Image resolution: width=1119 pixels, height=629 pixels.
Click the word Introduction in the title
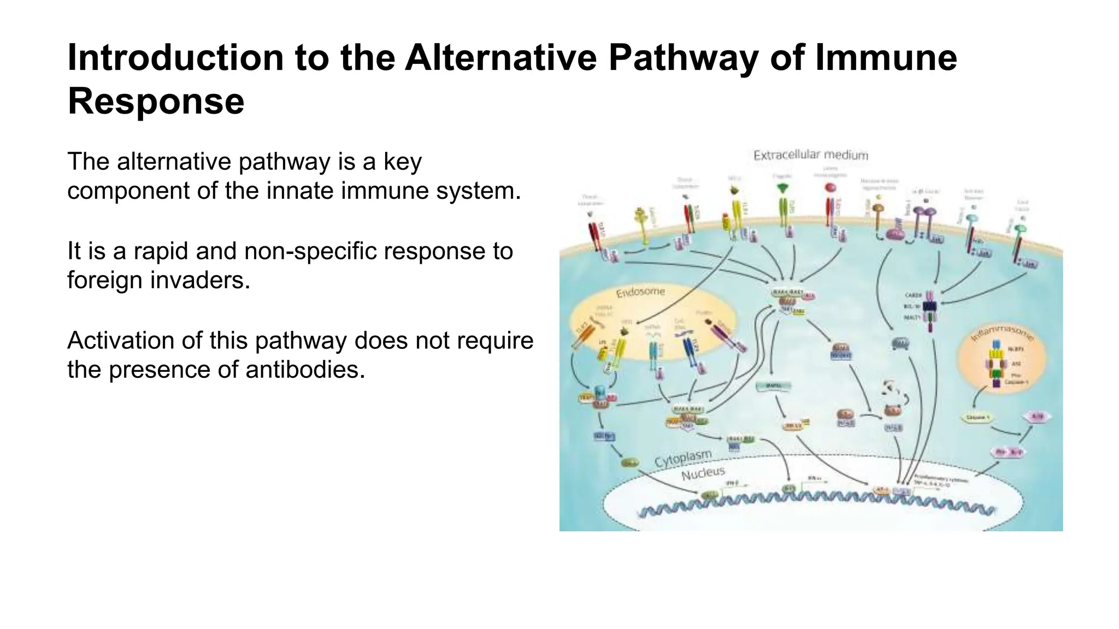coord(175,58)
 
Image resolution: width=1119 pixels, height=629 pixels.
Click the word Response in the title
coord(156,102)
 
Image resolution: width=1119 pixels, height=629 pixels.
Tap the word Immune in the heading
coord(886,58)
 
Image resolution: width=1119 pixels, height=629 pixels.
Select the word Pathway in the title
coord(683,58)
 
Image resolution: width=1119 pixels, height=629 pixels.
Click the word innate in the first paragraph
coord(326,191)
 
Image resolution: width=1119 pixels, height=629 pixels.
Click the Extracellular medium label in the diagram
coord(810,155)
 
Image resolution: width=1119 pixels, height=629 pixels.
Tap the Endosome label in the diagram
coord(640,292)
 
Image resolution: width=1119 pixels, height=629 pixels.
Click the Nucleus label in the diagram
coord(703,473)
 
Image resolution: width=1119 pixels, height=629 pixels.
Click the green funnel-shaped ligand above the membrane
coord(783,188)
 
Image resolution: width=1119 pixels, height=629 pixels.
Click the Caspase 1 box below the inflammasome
coord(977,418)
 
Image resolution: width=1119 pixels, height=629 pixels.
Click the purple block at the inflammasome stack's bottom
coord(996,383)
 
